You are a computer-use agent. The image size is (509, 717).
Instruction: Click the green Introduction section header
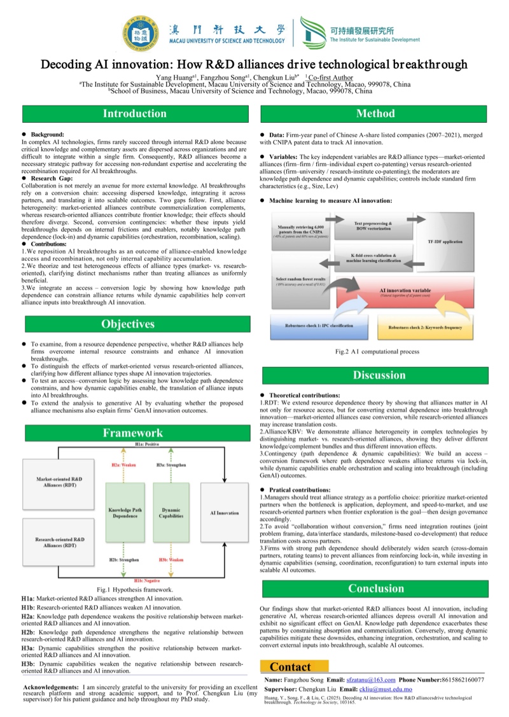tap(135, 114)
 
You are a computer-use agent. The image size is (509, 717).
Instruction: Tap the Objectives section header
tap(129, 324)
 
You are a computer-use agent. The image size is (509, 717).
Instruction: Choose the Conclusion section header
tap(375, 588)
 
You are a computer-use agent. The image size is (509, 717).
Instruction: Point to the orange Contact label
tap(291, 667)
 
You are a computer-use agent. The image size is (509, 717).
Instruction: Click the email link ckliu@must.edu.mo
tap(377, 689)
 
